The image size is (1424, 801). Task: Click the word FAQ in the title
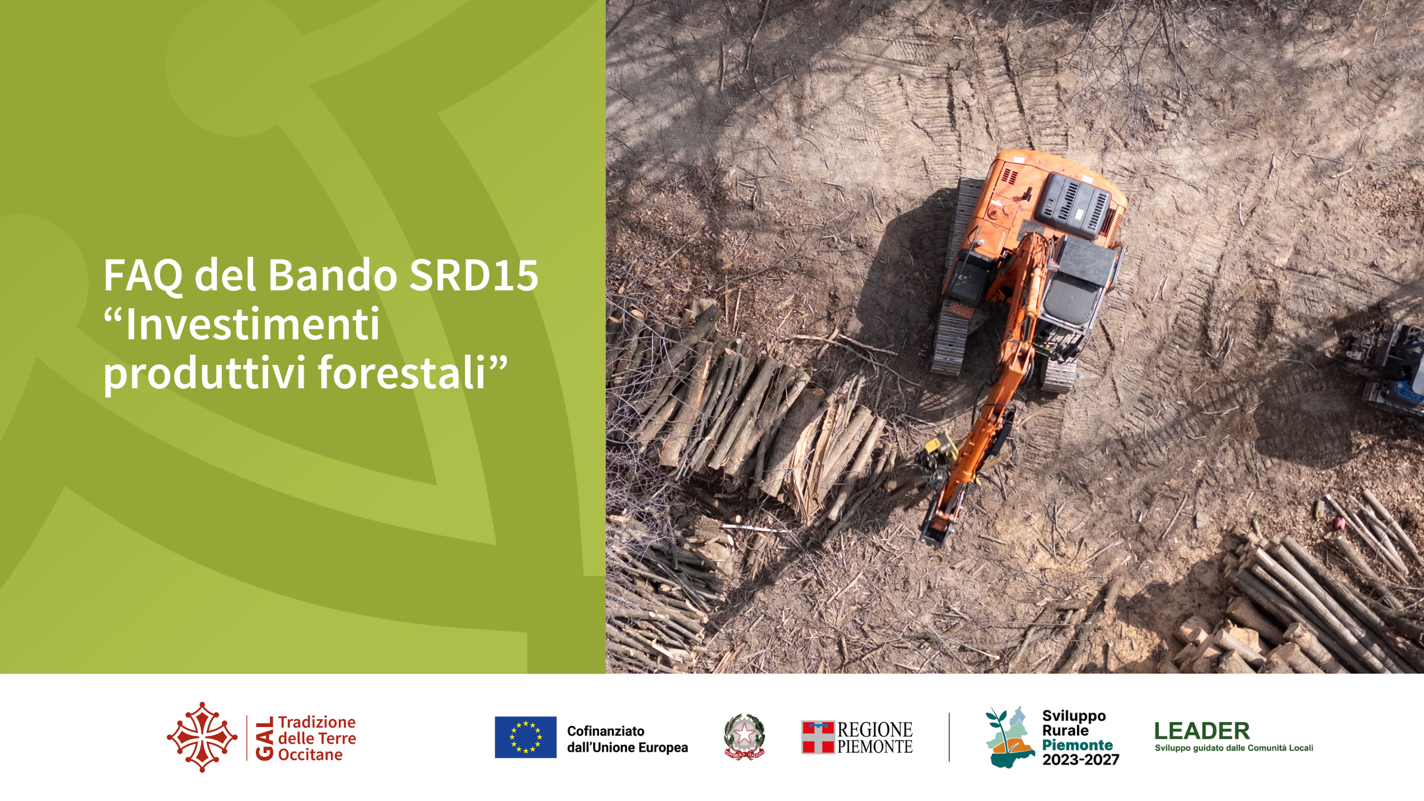coord(143,275)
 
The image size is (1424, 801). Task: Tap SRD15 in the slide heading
coord(473,275)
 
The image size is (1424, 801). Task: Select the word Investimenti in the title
coord(253,324)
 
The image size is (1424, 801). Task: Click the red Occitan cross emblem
coord(202,737)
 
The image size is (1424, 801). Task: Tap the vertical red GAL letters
coord(265,738)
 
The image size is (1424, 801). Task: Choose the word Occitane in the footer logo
coord(310,755)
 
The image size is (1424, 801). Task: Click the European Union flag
coord(526,737)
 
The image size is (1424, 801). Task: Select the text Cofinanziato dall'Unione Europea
coord(627,739)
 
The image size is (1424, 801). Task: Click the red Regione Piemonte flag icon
coord(818,737)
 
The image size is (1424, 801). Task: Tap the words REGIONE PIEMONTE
coord(875,738)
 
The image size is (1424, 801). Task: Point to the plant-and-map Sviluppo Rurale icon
coord(1010,737)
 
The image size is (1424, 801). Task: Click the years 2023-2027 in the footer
coord(1081,760)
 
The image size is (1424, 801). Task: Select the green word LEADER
coord(1202,731)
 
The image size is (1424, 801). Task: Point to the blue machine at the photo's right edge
coord(1391,370)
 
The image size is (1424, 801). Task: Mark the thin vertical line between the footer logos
coord(949,737)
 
